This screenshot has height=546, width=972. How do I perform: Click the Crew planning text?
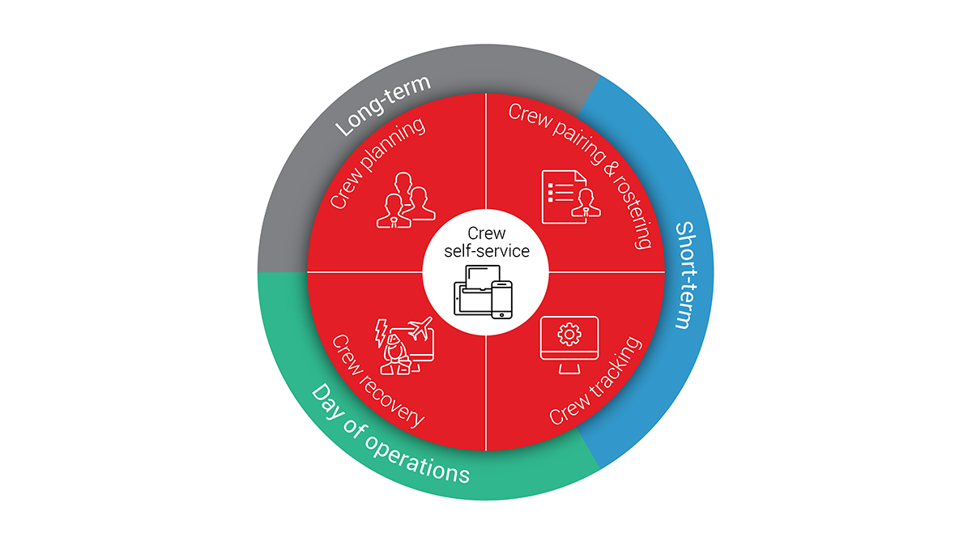(x=377, y=162)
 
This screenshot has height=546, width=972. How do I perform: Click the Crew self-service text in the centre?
(x=487, y=242)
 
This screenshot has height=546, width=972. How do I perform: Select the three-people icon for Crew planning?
(x=405, y=200)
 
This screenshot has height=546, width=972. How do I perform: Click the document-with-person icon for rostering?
(x=571, y=197)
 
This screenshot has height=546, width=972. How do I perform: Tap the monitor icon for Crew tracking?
(x=569, y=345)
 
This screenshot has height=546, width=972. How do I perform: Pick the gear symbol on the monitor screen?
(x=569, y=335)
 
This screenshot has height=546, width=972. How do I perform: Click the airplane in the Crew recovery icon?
(x=420, y=329)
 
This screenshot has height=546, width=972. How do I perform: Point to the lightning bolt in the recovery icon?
(x=381, y=333)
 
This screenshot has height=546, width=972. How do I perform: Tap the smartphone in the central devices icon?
(x=502, y=300)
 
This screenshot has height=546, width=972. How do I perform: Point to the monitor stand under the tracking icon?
(x=569, y=369)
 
